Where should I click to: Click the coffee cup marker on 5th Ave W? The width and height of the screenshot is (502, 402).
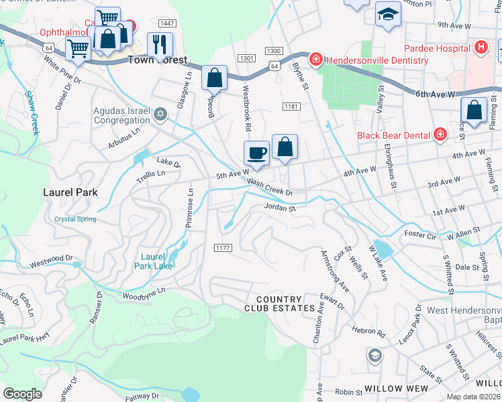click(x=256, y=153)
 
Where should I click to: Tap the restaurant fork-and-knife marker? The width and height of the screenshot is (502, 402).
click(x=160, y=45)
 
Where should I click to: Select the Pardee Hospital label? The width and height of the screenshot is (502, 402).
click(x=436, y=48)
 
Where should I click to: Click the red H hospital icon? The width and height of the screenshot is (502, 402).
click(x=480, y=48)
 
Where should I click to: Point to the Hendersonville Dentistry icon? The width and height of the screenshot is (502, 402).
click(x=315, y=60)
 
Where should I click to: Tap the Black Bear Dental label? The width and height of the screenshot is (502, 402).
click(x=393, y=135)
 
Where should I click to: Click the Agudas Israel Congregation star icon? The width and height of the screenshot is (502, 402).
click(x=160, y=115)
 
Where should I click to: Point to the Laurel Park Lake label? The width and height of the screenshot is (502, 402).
click(x=157, y=261)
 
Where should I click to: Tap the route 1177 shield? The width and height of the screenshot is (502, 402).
click(x=223, y=248)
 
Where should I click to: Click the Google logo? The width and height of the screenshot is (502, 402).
click(x=22, y=393)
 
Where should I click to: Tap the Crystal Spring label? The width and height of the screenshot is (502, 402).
click(x=75, y=219)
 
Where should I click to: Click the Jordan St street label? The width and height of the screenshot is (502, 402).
click(x=280, y=208)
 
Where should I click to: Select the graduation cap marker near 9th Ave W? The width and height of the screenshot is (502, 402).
click(x=388, y=15)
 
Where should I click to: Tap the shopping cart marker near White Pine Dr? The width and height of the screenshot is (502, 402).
click(x=78, y=48)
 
